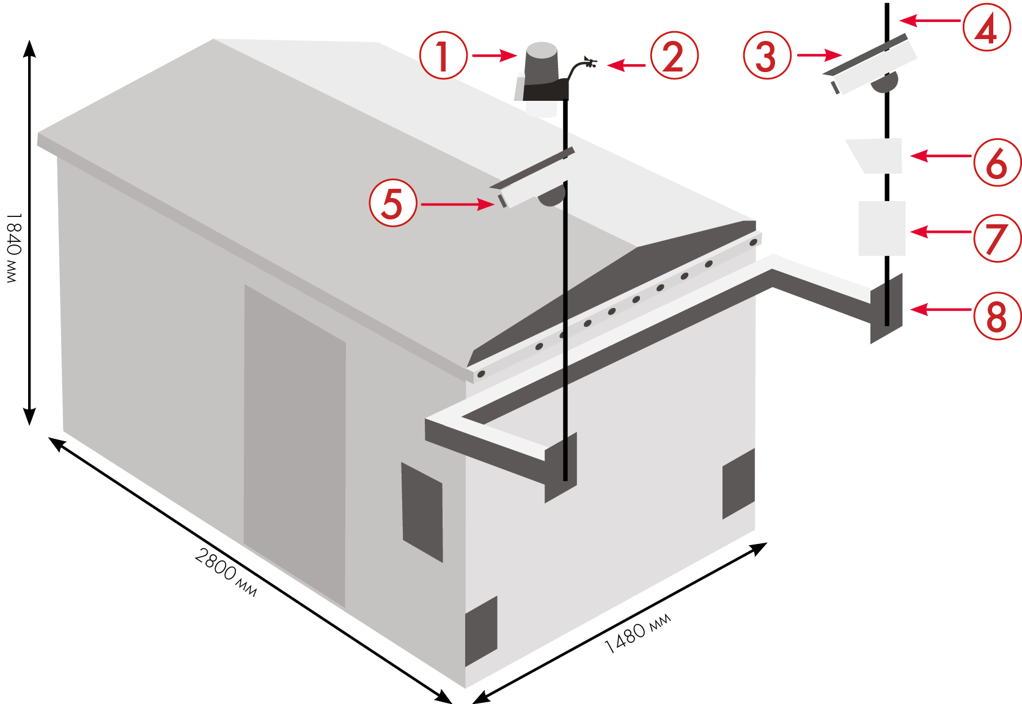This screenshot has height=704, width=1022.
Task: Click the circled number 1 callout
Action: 444,55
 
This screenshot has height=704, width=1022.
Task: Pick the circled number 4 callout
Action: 986,28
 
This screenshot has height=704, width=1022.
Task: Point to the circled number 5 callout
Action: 393,203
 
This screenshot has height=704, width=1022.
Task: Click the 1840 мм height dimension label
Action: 13,248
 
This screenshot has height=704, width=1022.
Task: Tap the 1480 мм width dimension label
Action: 638,633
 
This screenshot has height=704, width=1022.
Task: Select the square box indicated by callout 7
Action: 881,228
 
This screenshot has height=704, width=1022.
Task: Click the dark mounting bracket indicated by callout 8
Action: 887,309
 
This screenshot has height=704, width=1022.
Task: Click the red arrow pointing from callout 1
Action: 494,56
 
